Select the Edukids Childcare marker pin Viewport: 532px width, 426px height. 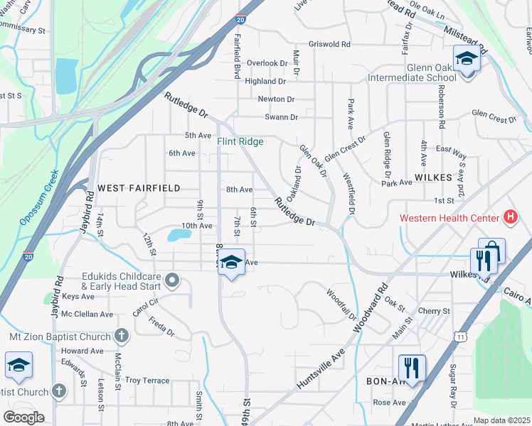pos(171,281)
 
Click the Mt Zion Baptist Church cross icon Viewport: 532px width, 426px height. pos(121,336)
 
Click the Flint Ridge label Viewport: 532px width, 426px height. pos(240,142)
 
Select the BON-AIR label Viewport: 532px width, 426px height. pos(385,381)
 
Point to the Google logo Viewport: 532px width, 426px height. pos(23,417)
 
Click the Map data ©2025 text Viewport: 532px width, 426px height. pos(501,420)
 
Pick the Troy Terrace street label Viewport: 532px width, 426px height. pos(147,381)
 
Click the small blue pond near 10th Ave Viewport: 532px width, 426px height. pos(175,235)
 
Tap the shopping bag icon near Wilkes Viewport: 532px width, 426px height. pos(492,251)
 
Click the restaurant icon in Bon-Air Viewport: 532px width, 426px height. pos(412,368)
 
